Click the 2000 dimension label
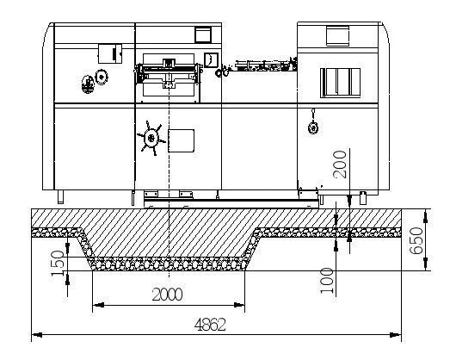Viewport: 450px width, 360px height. pos(167,295)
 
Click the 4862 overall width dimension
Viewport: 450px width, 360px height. pos(210,325)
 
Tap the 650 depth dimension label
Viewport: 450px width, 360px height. pos(416,241)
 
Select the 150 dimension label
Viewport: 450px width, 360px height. pos(58,264)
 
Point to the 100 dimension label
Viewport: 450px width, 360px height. pos(327,281)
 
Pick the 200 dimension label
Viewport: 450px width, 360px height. pos(340,164)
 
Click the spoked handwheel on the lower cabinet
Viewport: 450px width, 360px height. pos(151,138)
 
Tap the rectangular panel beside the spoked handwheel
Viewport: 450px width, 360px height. pos(181,140)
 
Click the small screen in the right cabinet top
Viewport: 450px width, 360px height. pos(337,35)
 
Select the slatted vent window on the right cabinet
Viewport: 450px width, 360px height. pos(340,83)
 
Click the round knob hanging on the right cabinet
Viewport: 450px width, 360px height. pos(313,127)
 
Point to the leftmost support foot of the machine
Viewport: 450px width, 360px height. pos(60,197)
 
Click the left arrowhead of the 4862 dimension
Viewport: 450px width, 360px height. pos(37,335)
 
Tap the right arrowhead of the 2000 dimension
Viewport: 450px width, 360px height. pos(239,305)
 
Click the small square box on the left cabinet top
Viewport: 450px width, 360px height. pos(110,53)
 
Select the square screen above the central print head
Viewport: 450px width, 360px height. pos(203,34)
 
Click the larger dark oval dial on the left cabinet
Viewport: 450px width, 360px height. pos(88,84)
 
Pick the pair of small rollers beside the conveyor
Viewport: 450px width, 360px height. pos(222,71)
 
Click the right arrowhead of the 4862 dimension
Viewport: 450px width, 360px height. pos(396,335)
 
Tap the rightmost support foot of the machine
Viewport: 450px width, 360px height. pos(363,198)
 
